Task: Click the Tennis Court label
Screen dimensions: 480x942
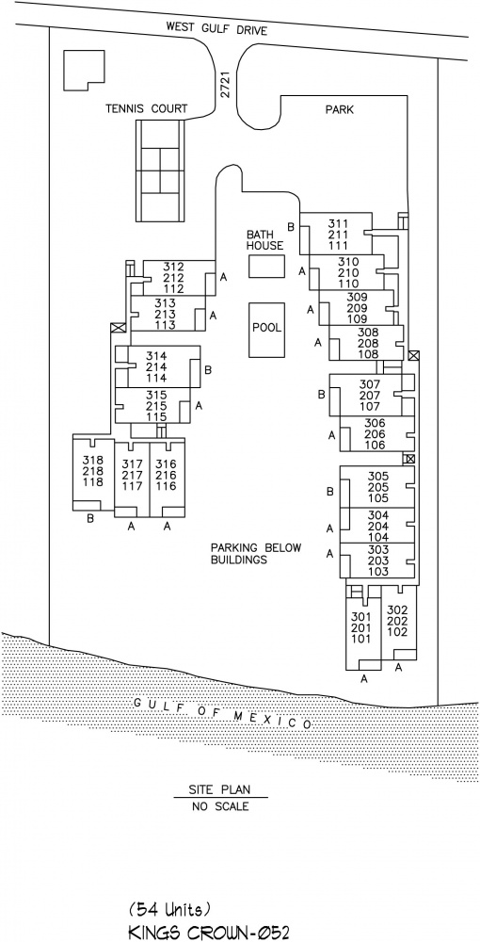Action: click(x=147, y=108)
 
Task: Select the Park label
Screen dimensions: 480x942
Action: click(x=340, y=110)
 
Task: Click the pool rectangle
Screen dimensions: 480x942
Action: click(x=267, y=329)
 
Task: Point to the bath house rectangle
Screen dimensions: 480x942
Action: click(x=267, y=267)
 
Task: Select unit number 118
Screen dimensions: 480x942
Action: click(x=93, y=482)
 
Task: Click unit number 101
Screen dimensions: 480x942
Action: click(x=362, y=639)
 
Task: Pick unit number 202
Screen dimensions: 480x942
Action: click(x=397, y=621)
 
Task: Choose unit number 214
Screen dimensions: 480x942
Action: click(x=157, y=366)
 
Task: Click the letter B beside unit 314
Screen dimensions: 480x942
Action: click(x=208, y=370)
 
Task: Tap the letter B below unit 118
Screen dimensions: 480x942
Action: click(x=90, y=519)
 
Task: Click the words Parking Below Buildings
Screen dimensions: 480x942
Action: click(x=256, y=554)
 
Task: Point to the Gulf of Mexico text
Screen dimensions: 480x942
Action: click(x=221, y=713)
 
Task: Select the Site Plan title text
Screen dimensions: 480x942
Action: click(x=219, y=789)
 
